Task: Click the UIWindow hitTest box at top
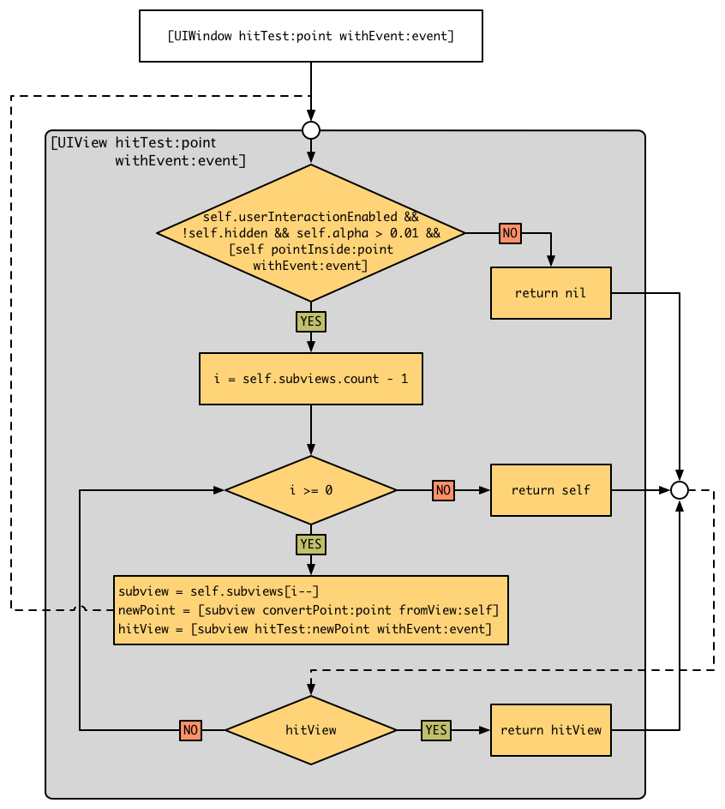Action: click(x=310, y=36)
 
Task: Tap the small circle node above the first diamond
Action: click(x=311, y=130)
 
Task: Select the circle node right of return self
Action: click(x=679, y=490)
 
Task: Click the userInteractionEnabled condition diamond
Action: click(x=311, y=233)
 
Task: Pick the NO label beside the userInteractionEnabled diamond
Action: click(x=510, y=233)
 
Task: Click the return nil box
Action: click(x=550, y=293)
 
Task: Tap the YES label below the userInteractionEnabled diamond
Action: click(x=311, y=321)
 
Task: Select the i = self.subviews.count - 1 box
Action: click(x=310, y=379)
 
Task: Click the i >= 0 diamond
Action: click(x=311, y=490)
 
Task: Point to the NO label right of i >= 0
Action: click(x=443, y=490)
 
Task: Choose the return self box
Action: click(x=550, y=490)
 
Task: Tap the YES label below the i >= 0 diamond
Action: click(x=311, y=544)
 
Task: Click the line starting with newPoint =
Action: click(x=309, y=610)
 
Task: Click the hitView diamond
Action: click(x=311, y=730)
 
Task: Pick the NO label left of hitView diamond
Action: click(x=191, y=730)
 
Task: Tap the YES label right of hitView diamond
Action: click(x=436, y=730)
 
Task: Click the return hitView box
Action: click(x=550, y=730)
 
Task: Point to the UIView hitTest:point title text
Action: click(x=146, y=151)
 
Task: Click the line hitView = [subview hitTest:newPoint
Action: click(x=305, y=629)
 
